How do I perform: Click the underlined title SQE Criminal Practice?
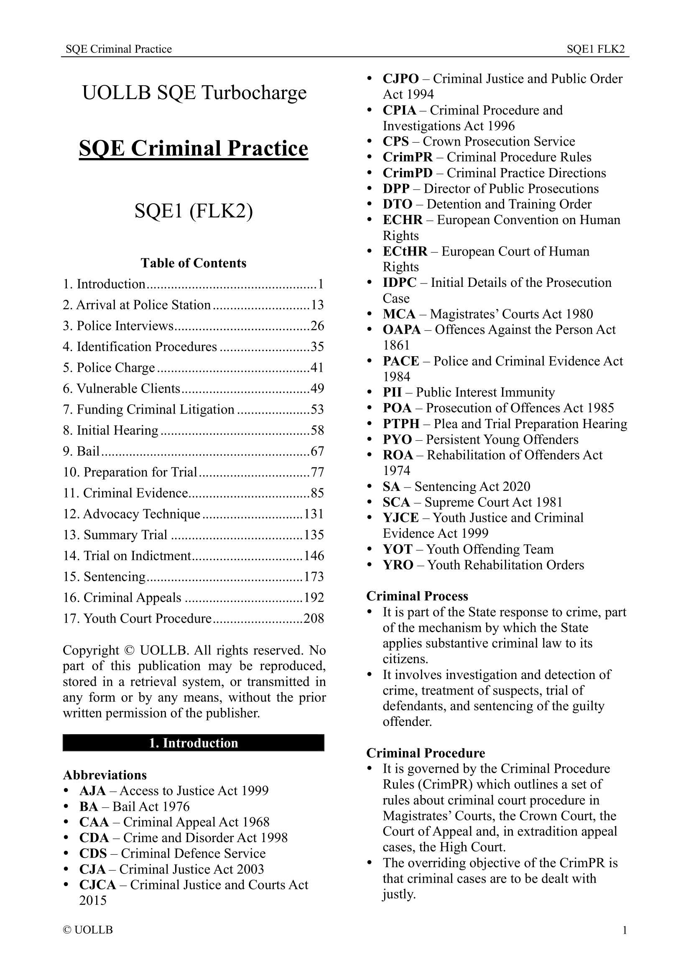coord(193,149)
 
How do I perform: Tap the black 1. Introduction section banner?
coord(193,743)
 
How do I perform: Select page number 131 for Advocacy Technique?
coord(314,514)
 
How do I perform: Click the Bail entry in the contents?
coord(88,451)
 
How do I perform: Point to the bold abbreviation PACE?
coord(400,361)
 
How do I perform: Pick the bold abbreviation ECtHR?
coord(405,251)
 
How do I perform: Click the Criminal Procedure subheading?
coord(425,753)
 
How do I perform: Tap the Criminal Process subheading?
coord(417,596)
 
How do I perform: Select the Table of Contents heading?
coord(193,263)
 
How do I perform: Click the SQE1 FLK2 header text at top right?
coord(595,49)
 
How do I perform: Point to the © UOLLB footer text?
coord(88,930)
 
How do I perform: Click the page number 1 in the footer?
coord(625,930)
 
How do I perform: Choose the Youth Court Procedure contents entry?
coord(147,618)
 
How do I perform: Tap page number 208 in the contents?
coord(314,618)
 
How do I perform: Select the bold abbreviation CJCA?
coord(97,885)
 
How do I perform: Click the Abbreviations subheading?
coord(105,775)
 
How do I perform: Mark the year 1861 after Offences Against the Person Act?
coord(396,345)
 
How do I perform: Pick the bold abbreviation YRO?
coord(398,565)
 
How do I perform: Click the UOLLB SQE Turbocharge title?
coord(194,93)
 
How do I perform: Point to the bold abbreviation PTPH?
coord(400,424)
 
